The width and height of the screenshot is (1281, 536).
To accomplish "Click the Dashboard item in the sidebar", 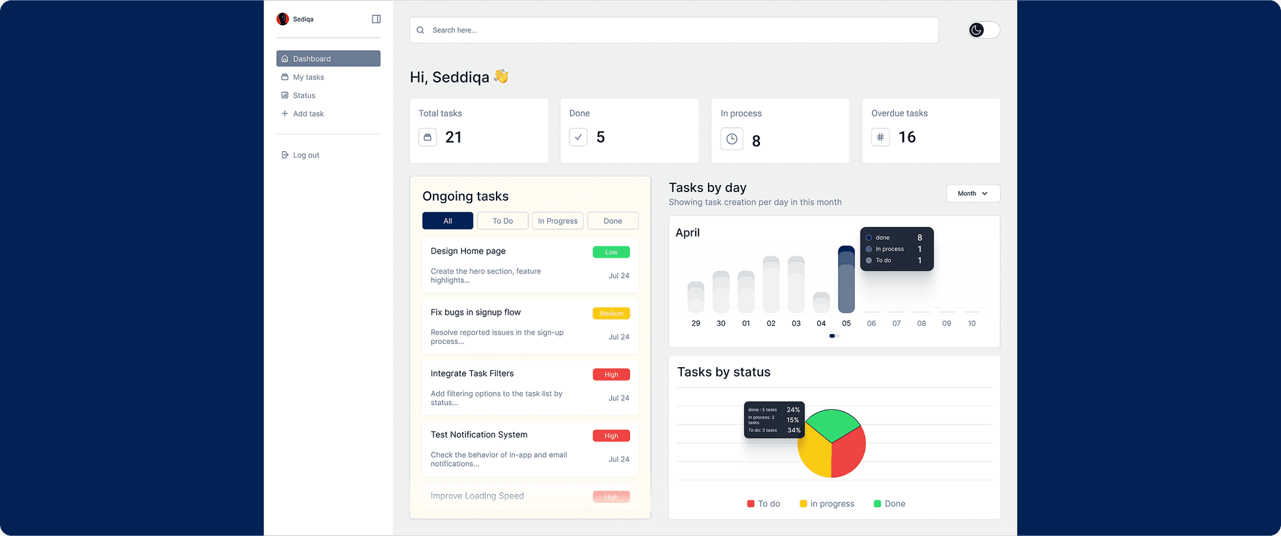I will pos(328,59).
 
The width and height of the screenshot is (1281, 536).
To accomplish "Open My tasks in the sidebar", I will pos(308,78).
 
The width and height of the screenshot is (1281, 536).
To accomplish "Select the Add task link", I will pos(308,114).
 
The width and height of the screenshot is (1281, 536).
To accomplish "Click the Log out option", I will pos(305,155).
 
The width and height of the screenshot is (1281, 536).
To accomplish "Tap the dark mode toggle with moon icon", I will pos(983,30).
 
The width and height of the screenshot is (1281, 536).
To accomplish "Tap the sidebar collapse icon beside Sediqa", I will pos(376,19).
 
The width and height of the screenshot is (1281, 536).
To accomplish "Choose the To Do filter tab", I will pos(502,221).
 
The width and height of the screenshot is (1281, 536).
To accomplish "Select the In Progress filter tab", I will pos(557,221).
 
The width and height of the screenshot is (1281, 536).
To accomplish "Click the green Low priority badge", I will pos(611,252).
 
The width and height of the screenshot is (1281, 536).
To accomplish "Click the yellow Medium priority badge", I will pos(611,313).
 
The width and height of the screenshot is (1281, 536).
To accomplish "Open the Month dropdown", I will pos(973,194).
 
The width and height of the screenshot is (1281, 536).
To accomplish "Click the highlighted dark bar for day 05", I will pos(846,281).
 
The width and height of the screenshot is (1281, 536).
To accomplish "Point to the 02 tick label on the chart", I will pos(771,323).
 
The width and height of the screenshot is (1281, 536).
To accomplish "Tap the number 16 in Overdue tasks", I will pos(906,138).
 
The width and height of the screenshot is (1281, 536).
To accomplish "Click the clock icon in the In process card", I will pos(732,139).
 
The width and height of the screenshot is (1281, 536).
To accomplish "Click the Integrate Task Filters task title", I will pos(472,373).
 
